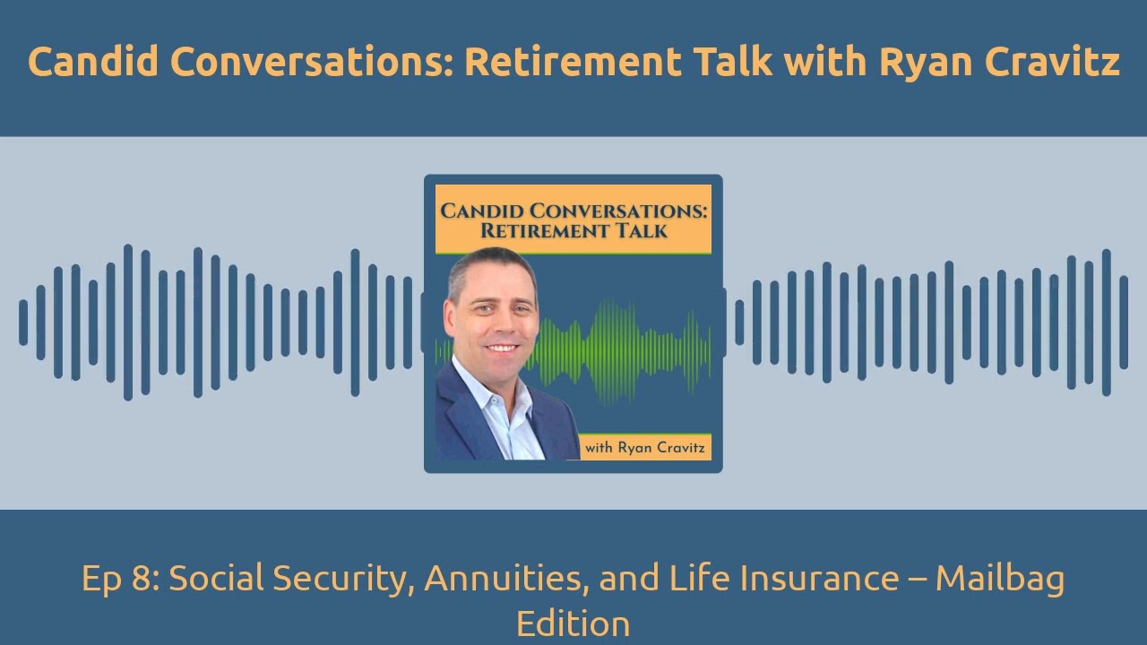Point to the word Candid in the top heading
click(92, 62)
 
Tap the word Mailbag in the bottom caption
click(1000, 579)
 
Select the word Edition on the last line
click(573, 623)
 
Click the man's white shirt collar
click(475, 390)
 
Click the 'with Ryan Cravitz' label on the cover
click(644, 448)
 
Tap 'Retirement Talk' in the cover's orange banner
click(573, 231)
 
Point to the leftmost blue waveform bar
click(23, 322)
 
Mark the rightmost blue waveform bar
click(1124, 322)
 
